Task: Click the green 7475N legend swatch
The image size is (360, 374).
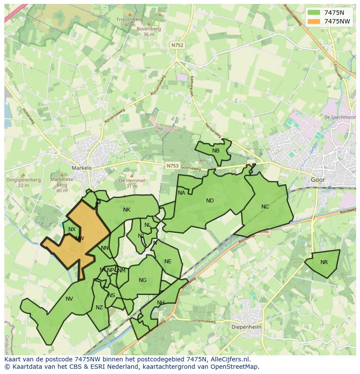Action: pos(313,13)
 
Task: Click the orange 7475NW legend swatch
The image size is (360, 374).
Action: pos(313,21)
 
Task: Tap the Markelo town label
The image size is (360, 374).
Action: pos(82,168)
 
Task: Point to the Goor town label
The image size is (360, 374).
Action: pos(318,179)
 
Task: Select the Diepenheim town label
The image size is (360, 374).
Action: pos(246,327)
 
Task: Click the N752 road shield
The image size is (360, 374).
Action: pos(177,45)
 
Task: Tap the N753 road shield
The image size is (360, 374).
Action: pos(173,165)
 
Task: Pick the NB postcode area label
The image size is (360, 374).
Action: pos(216,151)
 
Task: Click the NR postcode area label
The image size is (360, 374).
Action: pos(324,262)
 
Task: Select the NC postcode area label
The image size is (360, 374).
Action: pos(265,207)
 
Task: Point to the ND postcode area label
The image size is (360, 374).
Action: pos(210,201)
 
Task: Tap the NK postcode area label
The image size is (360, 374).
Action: pos(127,210)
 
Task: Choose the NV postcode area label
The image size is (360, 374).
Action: pos(69,298)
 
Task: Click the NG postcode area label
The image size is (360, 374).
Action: pos(143,280)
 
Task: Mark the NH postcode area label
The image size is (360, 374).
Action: pos(161,303)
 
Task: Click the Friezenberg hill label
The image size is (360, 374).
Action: pos(130,20)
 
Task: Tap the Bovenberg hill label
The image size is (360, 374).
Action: pos(149,29)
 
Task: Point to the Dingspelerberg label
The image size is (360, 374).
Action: pos(23,180)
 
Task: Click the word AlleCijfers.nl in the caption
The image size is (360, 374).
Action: pos(231,360)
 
